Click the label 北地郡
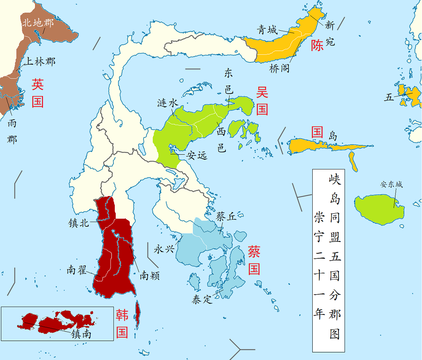click(38, 23)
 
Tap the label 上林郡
click(39, 61)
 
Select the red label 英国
click(38, 93)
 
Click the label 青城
click(268, 30)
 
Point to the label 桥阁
click(279, 69)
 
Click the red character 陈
click(317, 46)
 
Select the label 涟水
click(168, 103)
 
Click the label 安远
click(197, 156)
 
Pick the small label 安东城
click(392, 184)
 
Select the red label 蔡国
click(254, 261)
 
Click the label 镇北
click(79, 223)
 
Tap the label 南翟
click(77, 270)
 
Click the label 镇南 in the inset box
click(81, 334)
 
